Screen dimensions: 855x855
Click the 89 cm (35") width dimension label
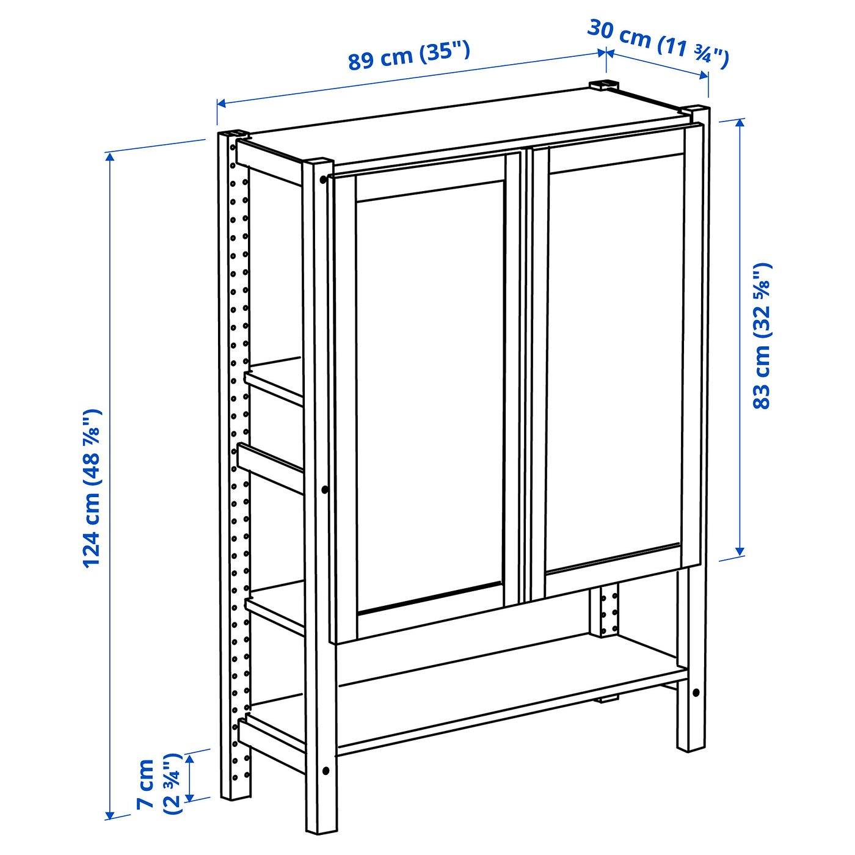409,55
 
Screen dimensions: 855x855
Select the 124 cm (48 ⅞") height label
92,489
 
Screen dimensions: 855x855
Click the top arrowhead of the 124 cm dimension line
110,157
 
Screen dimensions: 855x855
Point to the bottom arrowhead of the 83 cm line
740,551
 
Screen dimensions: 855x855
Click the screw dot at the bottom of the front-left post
326,771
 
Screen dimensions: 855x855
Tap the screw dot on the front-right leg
696,693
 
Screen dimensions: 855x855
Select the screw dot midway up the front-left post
324,489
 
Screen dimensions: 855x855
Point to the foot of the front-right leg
691,746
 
